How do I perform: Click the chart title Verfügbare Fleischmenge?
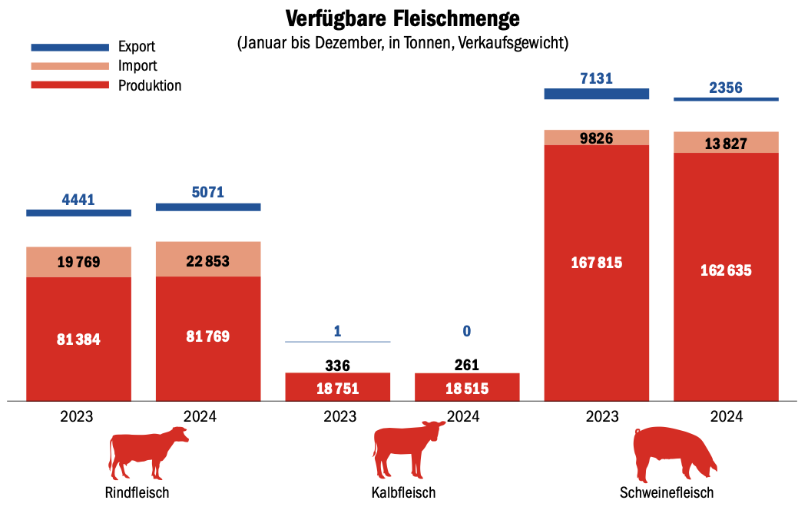point(402,18)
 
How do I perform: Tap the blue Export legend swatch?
point(70,48)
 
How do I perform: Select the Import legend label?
point(137,66)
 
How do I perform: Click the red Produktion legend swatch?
point(70,85)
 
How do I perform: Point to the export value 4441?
point(78,200)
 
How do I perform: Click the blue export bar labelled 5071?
point(208,207)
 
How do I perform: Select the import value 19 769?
point(78,263)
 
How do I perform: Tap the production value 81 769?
point(208,336)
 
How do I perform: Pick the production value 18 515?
point(467,389)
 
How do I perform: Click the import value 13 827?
point(726,144)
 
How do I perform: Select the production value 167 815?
point(597,263)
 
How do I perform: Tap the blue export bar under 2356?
point(726,99)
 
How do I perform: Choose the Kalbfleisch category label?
point(403,492)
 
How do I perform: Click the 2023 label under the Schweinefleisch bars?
point(597,417)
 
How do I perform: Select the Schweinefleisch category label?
point(667,492)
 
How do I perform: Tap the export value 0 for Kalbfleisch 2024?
point(467,331)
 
